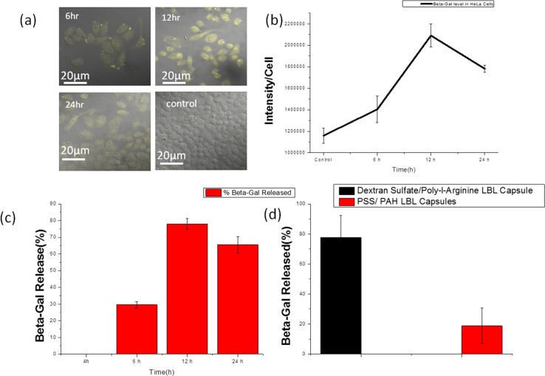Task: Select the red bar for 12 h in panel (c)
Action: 188,288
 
